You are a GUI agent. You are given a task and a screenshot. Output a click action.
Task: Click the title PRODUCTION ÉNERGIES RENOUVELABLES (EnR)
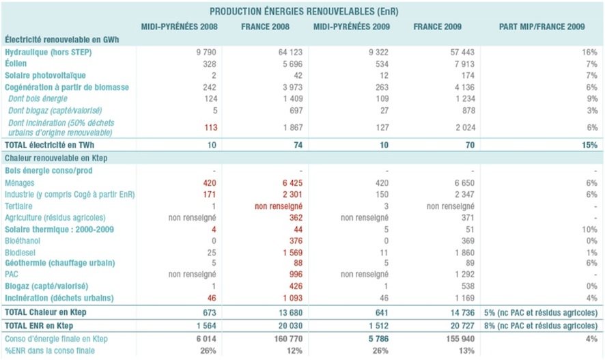click(303, 12)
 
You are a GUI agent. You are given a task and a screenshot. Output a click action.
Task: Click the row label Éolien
click(16, 64)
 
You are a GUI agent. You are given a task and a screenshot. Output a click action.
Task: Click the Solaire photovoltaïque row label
click(45, 75)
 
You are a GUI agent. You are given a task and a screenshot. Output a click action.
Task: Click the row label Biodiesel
click(20, 252)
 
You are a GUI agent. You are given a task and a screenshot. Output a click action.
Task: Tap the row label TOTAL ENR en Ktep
click(40, 325)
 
